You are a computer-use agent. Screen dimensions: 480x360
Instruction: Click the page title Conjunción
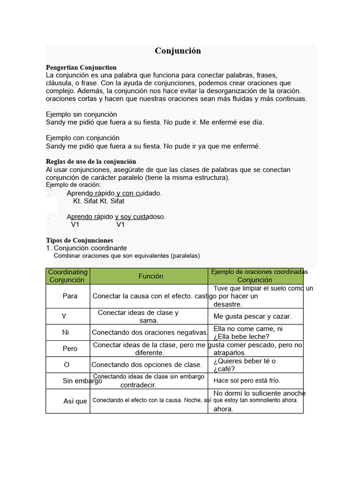coord(178,51)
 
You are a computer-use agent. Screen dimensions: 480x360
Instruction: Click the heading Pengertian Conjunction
coord(81,67)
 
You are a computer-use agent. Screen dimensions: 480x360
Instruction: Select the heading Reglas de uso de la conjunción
coord(91,162)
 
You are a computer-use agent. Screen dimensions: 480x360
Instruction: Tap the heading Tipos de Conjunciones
coord(80,240)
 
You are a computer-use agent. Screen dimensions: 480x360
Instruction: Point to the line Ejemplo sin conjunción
coord(82,114)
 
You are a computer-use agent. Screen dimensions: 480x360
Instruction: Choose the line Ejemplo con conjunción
coord(82,138)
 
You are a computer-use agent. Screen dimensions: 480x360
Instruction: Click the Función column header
coord(150,276)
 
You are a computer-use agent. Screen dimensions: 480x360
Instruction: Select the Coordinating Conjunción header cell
coord(68,276)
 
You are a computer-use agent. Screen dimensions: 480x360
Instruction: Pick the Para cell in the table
coord(70,296)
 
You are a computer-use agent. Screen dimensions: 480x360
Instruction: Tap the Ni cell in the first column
coord(66,332)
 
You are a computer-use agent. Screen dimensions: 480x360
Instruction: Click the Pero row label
coord(70,349)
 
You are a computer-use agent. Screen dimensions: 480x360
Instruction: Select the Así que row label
coord(75,401)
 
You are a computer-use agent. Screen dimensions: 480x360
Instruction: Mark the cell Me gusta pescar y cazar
coord(252,316)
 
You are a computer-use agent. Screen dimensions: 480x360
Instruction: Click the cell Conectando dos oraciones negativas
coord(150,333)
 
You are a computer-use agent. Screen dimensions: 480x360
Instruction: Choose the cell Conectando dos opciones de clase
coord(147,365)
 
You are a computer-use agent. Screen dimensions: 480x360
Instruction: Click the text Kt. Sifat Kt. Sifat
coord(99,201)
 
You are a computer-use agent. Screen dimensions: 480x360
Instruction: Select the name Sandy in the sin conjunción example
coord(55,122)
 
